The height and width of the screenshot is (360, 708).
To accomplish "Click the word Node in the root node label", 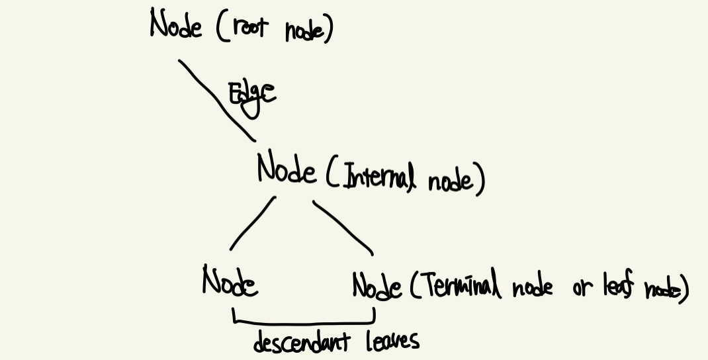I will click(x=175, y=25).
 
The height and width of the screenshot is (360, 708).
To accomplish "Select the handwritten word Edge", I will click(x=251, y=95).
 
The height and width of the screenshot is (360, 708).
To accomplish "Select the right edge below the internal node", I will click(x=343, y=226).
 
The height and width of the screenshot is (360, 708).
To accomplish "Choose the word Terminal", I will click(x=460, y=286).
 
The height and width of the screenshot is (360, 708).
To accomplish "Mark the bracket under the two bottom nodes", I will click(x=304, y=322).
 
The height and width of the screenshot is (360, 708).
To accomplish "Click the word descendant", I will click(x=302, y=342).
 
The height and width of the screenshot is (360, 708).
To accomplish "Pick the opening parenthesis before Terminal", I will click(x=413, y=287).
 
